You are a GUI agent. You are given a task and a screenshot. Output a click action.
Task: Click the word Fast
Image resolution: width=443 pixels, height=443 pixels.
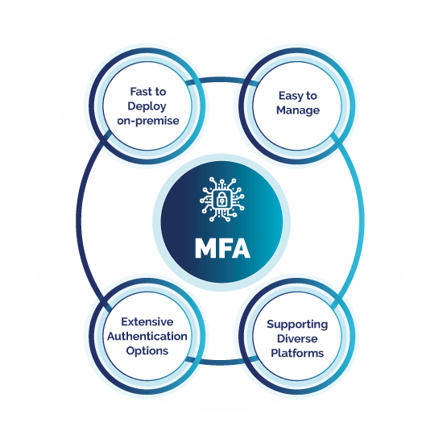140,92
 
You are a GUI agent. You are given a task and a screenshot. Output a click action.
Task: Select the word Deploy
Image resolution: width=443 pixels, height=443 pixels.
147,106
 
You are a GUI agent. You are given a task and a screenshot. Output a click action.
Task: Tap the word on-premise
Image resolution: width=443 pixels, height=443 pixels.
148,121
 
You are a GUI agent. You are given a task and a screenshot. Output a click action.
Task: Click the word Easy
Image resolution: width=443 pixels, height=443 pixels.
291,97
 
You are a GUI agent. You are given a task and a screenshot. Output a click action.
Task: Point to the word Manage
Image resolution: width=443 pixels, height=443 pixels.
298,110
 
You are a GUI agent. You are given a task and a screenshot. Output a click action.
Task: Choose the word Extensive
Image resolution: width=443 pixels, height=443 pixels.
147,322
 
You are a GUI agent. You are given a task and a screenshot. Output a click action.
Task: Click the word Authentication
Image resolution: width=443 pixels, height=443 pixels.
147,336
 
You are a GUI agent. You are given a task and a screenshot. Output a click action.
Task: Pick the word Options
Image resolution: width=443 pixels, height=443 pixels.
147,351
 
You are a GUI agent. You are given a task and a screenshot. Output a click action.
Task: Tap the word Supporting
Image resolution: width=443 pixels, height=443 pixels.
297,325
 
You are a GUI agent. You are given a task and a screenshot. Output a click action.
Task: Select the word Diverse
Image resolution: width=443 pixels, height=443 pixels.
297,338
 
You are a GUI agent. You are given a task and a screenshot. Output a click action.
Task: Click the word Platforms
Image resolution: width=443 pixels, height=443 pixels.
297,353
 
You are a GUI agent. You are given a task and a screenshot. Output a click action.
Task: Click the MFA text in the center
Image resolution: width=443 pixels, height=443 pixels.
222,248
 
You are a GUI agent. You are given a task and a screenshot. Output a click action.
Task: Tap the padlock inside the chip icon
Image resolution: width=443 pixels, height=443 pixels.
221,200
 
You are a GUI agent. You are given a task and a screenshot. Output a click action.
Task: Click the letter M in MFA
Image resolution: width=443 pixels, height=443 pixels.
205,248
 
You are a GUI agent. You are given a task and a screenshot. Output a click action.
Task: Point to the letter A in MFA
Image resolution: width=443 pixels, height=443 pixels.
241,248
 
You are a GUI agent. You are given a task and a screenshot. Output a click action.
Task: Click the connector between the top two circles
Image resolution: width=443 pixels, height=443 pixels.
222,81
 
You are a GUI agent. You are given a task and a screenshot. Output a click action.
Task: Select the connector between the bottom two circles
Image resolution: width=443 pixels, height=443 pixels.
222,362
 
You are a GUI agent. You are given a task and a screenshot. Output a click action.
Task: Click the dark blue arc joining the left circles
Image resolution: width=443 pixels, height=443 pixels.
79,221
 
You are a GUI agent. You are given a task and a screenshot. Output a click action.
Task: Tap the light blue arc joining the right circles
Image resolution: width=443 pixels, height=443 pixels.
362,221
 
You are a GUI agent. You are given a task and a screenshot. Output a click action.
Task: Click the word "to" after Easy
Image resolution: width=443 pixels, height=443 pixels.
311,96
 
